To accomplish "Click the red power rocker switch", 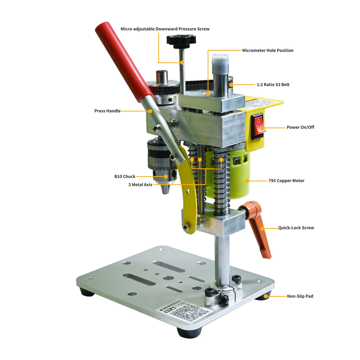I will click(258, 126).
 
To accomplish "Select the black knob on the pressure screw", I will click(181, 40).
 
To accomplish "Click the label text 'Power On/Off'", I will click(300, 127).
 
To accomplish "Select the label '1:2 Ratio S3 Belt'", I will click(273, 85).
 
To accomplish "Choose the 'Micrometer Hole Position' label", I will click(268, 50).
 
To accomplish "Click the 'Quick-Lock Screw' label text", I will click(296, 228).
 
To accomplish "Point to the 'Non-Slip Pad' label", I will click(300, 296).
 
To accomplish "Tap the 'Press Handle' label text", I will click(107, 111).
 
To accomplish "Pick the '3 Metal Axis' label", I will click(140, 185).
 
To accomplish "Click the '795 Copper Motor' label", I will click(286, 181).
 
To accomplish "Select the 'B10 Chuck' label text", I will click(125, 176).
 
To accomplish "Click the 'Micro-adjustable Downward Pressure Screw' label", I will click(165, 29).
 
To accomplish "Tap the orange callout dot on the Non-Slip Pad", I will click(266, 296).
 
